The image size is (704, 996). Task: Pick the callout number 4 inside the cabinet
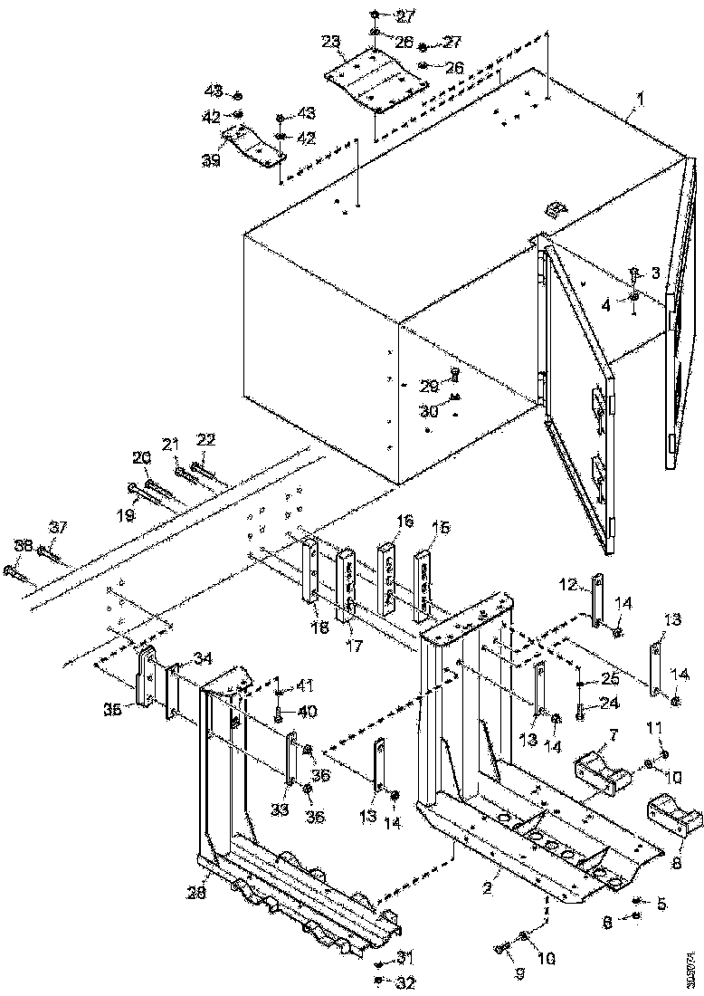point(613,305)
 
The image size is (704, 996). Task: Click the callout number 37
point(58,528)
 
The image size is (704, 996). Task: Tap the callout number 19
point(124,513)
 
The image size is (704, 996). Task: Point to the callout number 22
point(206,439)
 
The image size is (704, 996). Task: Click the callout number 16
point(404,522)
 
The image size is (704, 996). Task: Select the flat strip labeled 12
point(596,600)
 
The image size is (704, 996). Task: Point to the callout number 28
point(197,892)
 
